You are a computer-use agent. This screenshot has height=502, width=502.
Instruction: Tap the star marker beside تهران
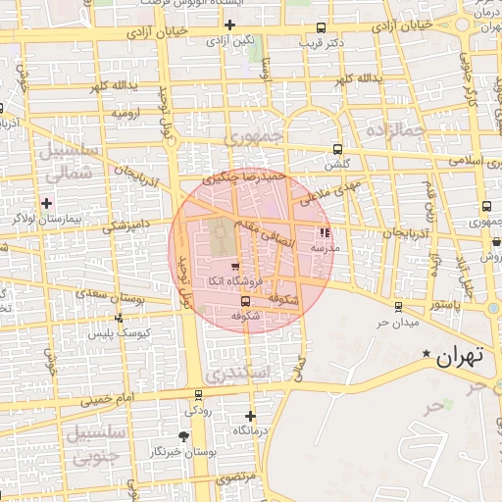pyautogui.click(x=427, y=354)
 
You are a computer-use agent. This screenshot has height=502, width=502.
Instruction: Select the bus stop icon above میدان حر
pyautogui.click(x=397, y=306)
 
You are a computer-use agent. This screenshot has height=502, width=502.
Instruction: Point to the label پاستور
pyautogui.click(x=442, y=306)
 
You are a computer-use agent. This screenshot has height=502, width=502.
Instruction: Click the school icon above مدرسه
pyautogui.click(x=325, y=233)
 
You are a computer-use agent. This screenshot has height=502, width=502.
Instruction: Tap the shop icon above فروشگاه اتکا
pyautogui.click(x=234, y=266)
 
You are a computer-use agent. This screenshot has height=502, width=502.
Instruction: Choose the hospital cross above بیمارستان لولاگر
pyautogui.click(x=46, y=202)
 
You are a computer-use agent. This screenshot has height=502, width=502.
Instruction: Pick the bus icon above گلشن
pyautogui.click(x=338, y=149)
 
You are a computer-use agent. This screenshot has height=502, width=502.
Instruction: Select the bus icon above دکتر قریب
pyautogui.click(x=323, y=27)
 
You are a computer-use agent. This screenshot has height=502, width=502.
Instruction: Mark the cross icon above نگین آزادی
pyautogui.click(x=230, y=25)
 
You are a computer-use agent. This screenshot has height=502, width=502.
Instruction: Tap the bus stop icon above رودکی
pyautogui.click(x=199, y=395)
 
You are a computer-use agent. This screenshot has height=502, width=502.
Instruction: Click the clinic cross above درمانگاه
pyautogui.click(x=250, y=416)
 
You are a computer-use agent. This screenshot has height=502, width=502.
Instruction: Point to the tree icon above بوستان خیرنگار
pyautogui.click(x=183, y=435)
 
